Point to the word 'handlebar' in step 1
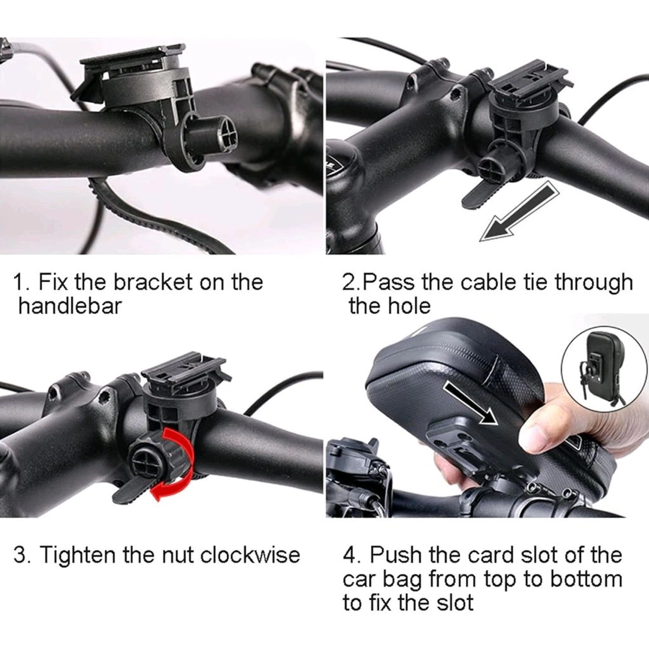(70, 306)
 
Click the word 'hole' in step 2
(409, 306)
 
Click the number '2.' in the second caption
(352, 282)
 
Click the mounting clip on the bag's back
(454, 443)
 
